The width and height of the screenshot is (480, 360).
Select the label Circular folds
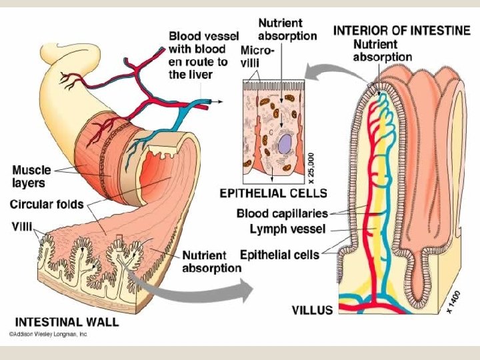(46, 203)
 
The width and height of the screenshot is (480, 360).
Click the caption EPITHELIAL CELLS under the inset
(273, 193)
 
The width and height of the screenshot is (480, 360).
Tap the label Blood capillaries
(283, 214)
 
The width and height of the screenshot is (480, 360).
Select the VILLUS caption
(313, 309)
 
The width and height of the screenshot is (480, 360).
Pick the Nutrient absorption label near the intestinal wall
(212, 261)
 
